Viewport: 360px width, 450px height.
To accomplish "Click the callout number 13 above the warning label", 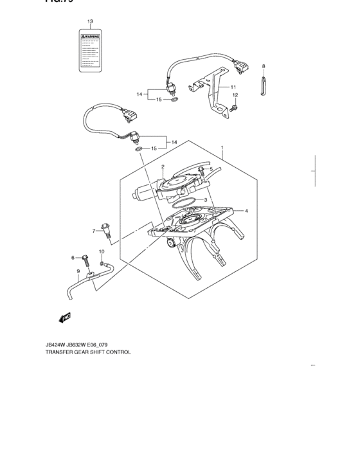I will coord(90,21).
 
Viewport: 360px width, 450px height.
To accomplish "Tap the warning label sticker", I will coord(90,50).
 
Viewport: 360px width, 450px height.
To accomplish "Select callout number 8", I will coord(263,66).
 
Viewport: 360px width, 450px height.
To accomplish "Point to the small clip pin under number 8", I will coord(263,86).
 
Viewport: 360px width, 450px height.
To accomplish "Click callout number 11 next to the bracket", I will coord(233,87).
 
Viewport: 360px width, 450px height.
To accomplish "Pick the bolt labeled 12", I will coord(235,106).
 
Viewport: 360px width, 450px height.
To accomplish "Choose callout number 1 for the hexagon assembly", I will coord(222,147).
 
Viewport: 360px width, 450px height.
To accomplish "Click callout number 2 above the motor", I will coord(163,166).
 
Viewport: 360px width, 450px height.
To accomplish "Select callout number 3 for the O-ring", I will coord(206,200).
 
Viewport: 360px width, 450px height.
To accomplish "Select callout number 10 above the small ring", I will coord(101,251).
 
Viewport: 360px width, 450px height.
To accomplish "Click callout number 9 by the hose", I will coord(78,271).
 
